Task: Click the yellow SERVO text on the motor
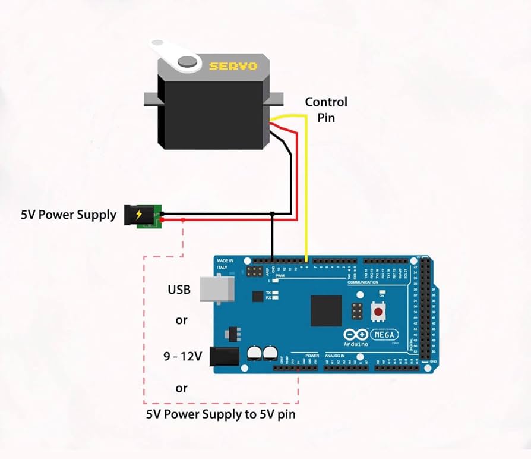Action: [233, 65]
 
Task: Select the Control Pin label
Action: [325, 109]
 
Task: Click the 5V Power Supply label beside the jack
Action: [69, 215]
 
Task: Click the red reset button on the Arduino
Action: [377, 311]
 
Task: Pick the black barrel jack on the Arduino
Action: [226, 357]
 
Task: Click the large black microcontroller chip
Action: [326, 310]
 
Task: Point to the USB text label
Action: [179, 290]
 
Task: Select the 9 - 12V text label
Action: [183, 357]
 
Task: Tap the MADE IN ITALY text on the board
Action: [225, 265]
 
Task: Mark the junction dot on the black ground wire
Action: [272, 213]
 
